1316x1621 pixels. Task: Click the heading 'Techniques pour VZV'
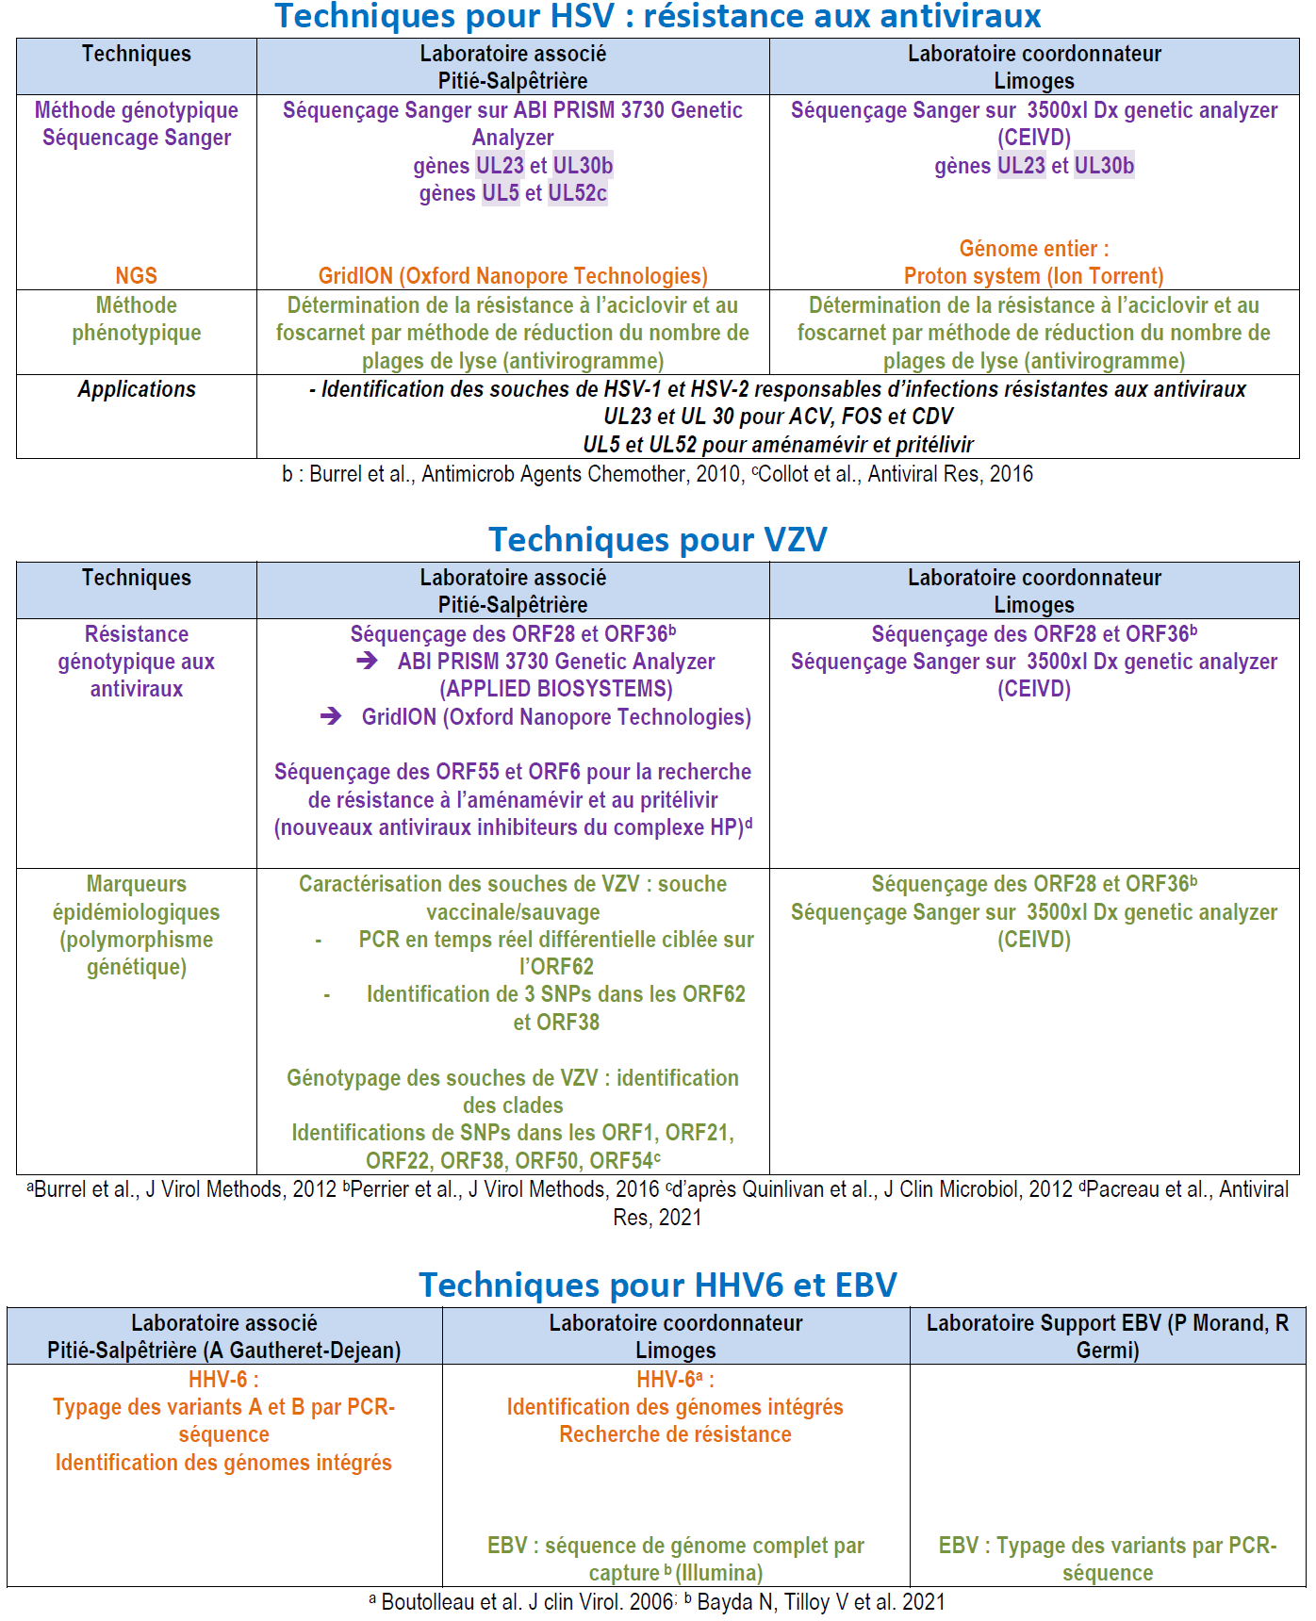(x=658, y=540)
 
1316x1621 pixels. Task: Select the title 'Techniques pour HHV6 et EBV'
(x=658, y=1285)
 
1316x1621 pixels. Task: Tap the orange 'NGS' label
(x=136, y=276)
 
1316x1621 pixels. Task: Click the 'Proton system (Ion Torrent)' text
(x=1033, y=276)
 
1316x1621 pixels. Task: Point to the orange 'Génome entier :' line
(x=1033, y=249)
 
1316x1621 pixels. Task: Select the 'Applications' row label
(x=137, y=389)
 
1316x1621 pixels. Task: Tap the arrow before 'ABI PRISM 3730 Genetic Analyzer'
(x=367, y=662)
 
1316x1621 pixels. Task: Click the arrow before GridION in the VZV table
(x=331, y=717)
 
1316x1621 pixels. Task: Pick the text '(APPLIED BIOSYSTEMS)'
(x=556, y=689)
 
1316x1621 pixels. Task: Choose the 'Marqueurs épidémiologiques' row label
(x=137, y=925)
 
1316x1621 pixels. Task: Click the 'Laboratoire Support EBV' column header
(x=1107, y=1336)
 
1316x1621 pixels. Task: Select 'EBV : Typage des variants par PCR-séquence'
(x=1107, y=1559)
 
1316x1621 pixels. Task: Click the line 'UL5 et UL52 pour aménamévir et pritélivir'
(x=778, y=445)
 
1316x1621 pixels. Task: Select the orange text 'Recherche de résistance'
(x=675, y=1434)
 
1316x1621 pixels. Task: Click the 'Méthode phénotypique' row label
(x=137, y=319)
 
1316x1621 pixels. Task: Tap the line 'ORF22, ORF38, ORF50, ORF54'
(x=513, y=1160)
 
